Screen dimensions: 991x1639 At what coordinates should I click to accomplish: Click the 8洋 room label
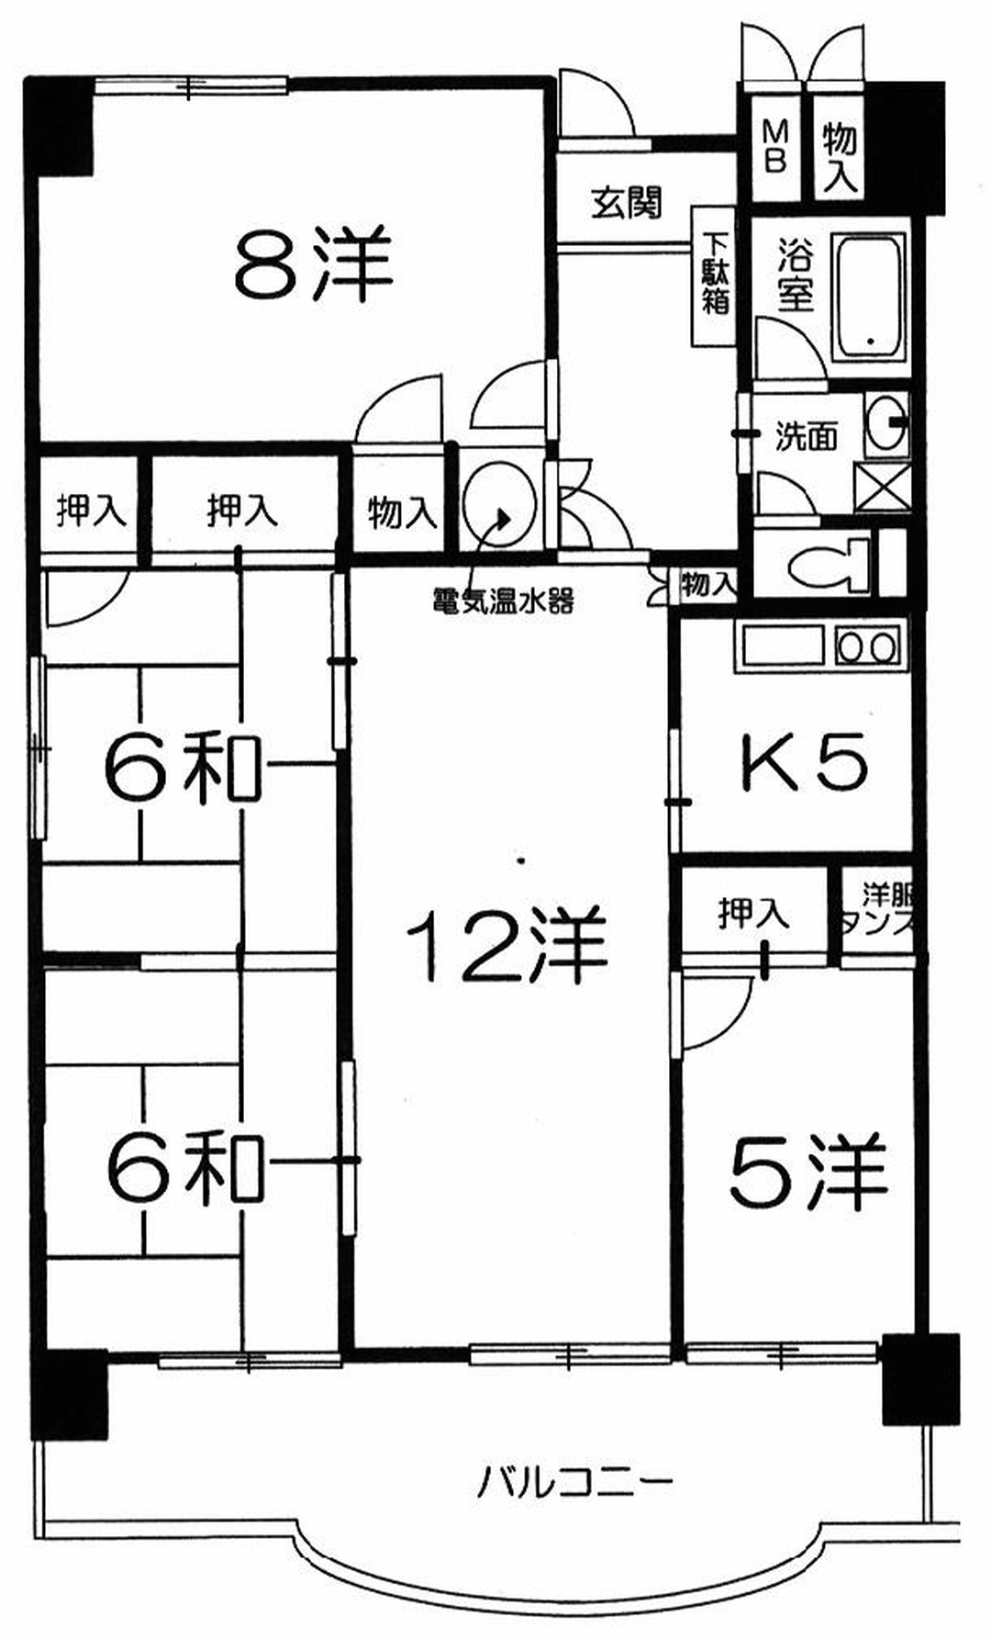tap(313, 264)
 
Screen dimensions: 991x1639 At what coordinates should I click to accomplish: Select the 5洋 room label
tap(808, 1173)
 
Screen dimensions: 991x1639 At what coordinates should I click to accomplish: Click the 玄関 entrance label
tap(626, 203)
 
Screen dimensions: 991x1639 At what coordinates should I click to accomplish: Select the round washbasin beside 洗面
tap(886, 423)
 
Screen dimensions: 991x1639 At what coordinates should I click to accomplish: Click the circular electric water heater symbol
tap(499, 508)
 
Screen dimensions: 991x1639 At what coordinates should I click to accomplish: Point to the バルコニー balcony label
tap(575, 1481)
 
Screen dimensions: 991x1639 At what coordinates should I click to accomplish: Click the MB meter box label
tap(775, 148)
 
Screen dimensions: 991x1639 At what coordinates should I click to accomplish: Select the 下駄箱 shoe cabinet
tap(715, 274)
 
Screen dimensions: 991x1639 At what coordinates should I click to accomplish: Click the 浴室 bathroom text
tap(795, 275)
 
